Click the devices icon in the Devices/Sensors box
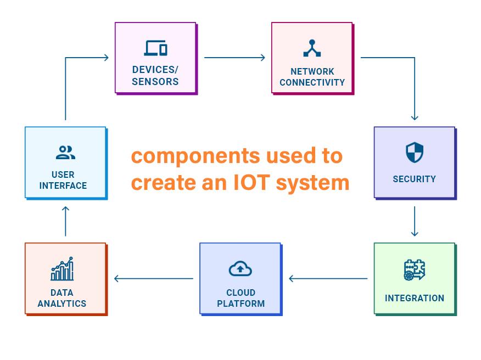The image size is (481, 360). (x=155, y=48)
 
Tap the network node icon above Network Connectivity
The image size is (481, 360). (x=312, y=48)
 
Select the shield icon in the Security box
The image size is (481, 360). (x=414, y=153)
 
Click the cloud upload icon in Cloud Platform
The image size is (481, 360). (x=240, y=269)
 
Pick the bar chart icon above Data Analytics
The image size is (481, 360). (x=62, y=269)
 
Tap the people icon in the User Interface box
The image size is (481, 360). (x=65, y=153)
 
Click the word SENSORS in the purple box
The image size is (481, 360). (x=155, y=82)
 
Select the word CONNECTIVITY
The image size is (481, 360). (x=312, y=82)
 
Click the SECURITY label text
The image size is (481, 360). (x=414, y=179)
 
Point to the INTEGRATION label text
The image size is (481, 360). (x=415, y=298)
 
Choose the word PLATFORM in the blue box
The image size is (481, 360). (x=240, y=303)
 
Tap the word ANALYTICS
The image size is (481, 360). (x=62, y=303)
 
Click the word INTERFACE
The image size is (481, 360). (x=63, y=185)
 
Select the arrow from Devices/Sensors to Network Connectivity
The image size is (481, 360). (x=234, y=57)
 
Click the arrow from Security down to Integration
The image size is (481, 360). (x=414, y=221)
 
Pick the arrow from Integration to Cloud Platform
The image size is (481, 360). (x=328, y=279)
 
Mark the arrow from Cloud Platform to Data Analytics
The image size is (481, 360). (x=153, y=279)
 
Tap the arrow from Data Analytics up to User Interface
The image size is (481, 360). (x=65, y=221)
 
